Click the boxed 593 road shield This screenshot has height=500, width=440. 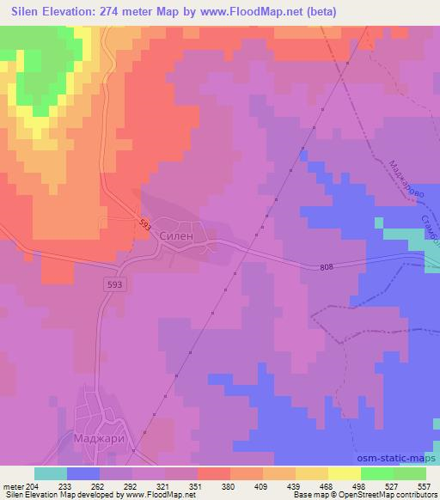tap(114, 284)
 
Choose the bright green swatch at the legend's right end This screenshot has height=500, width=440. tap(410, 473)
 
